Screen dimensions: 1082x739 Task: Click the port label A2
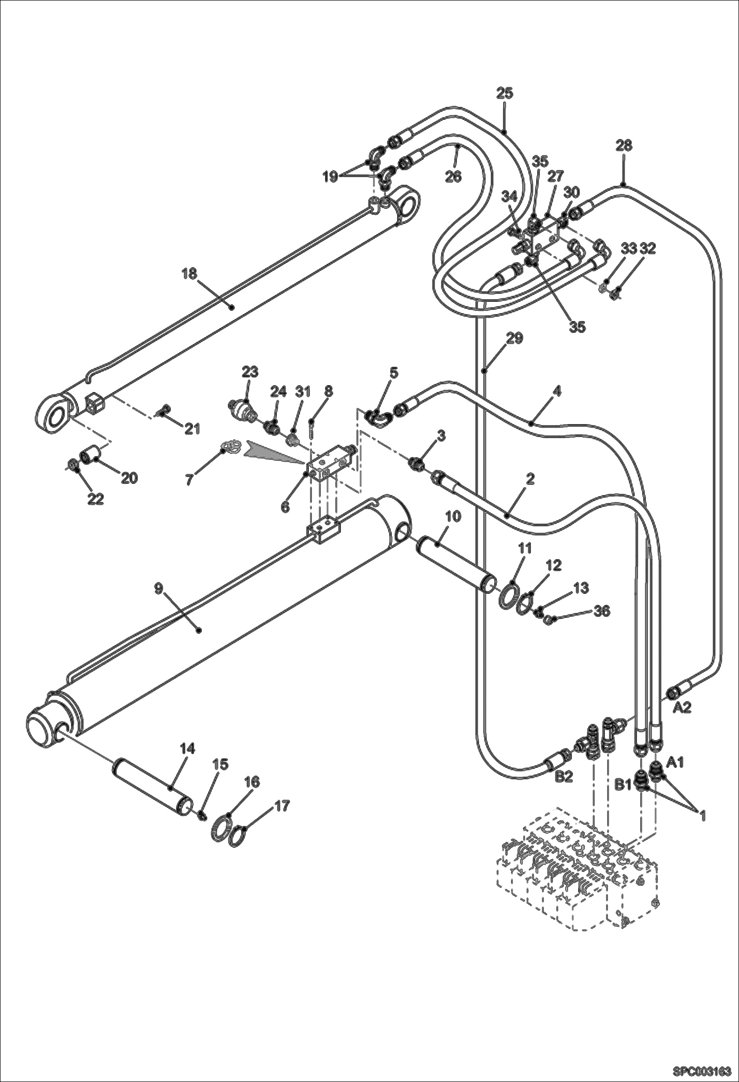click(683, 707)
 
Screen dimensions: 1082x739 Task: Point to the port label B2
click(564, 776)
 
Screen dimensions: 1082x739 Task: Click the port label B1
click(623, 784)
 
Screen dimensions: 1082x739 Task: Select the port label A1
click(675, 762)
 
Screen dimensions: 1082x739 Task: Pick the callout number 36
click(602, 611)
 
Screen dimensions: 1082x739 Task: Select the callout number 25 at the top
click(505, 93)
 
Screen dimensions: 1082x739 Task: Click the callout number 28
click(624, 145)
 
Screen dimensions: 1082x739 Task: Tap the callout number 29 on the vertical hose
click(515, 338)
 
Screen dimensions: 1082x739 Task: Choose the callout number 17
click(282, 805)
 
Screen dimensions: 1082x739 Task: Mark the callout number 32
click(647, 249)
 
